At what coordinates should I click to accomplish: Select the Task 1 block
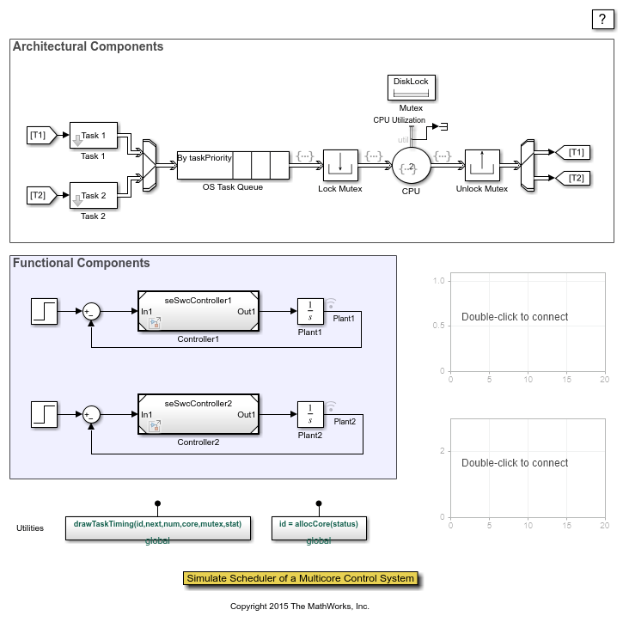93,136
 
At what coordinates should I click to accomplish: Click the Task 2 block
93,196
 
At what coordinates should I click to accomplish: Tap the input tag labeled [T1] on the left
40,136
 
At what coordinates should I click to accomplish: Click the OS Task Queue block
233,163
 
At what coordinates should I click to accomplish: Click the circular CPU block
411,166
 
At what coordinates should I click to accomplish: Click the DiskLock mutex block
411,86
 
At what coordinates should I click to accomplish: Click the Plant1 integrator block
309,312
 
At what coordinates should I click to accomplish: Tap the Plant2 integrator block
309,414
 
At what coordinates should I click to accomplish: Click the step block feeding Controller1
45,312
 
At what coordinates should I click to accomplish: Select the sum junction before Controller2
92,414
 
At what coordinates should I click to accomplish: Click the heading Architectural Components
88,46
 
